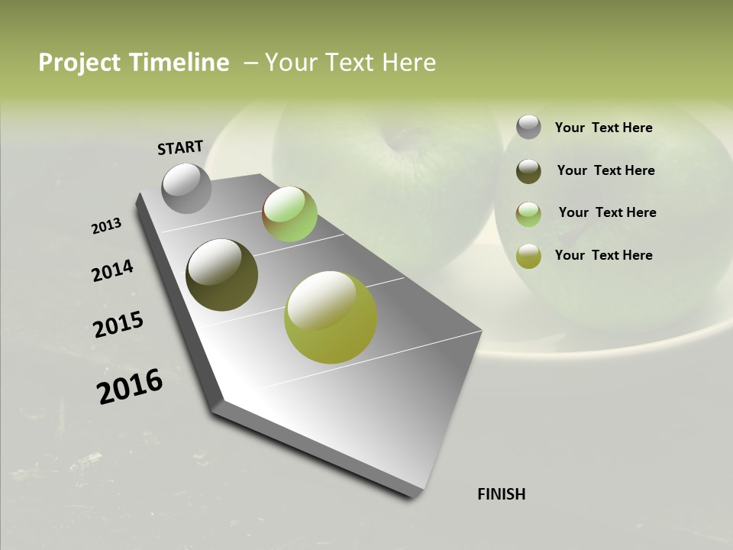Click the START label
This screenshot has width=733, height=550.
(180, 147)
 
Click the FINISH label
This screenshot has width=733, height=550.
(501, 494)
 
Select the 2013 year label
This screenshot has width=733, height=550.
(107, 226)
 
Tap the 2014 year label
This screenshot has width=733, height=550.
(112, 271)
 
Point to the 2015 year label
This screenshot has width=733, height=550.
(118, 325)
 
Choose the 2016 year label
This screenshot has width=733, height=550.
(130, 386)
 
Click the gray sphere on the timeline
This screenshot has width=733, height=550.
(187, 188)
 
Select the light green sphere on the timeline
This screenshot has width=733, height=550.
(289, 214)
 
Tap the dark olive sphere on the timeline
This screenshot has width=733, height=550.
(221, 275)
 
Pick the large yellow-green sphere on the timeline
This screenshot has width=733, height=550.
(331, 317)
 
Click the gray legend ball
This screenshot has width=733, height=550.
(528, 128)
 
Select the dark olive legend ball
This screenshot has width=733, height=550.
(528, 170)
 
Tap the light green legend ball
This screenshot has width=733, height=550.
(528, 213)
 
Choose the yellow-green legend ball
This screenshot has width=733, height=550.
(528, 255)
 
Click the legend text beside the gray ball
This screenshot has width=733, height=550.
(603, 128)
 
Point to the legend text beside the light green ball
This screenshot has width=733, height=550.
(607, 212)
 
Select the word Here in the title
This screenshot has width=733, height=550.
(408, 63)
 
